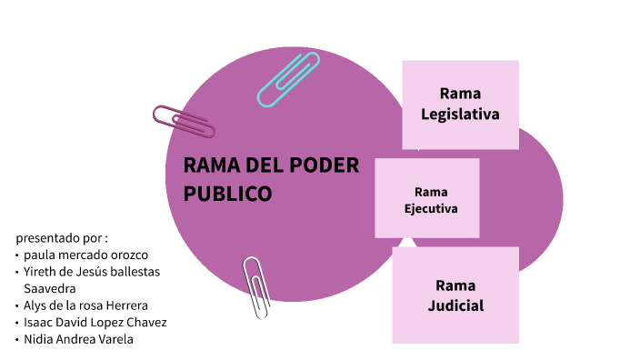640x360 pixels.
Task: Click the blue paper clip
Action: tap(289, 79)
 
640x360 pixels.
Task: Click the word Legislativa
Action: tap(460, 115)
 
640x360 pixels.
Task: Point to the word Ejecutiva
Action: tap(430, 208)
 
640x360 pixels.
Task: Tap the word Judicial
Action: tap(455, 305)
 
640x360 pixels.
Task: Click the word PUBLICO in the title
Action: tap(227, 194)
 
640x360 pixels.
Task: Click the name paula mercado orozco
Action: tap(85, 255)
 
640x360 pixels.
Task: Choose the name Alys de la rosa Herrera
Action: tap(85, 305)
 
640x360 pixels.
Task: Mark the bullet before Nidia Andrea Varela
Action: tap(16, 339)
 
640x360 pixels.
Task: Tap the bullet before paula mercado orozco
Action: tap(16, 255)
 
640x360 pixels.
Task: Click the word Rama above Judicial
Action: tap(455, 285)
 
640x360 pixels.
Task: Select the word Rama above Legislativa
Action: tap(460, 94)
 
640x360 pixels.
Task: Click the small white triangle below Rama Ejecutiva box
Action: tap(408, 242)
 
